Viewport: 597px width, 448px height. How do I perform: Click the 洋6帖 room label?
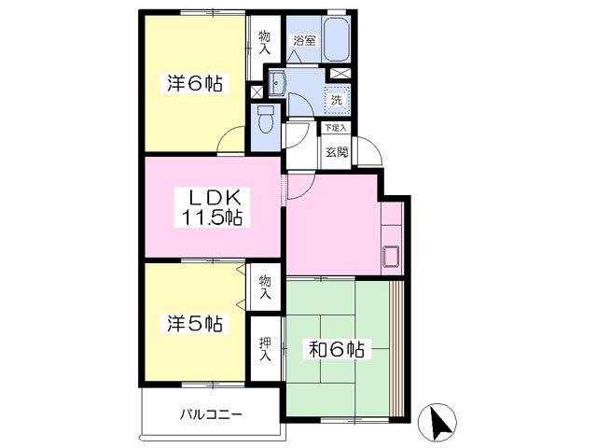(195, 83)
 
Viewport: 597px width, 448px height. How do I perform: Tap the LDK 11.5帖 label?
(212, 207)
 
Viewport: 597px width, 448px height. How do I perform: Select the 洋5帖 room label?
(195, 324)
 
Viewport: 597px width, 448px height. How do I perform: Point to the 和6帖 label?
(337, 349)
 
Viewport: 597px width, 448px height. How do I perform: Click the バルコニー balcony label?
(211, 413)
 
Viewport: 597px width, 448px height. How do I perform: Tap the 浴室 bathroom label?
(304, 40)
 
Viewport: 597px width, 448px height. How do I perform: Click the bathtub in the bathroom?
(336, 39)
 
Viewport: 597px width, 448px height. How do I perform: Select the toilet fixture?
(265, 119)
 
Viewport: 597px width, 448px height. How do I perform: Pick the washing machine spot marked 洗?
(337, 100)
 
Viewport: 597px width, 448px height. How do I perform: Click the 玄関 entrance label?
(336, 152)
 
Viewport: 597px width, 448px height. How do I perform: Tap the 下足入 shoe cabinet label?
(336, 128)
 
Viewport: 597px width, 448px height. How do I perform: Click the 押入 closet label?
(265, 348)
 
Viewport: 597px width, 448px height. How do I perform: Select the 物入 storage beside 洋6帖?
(264, 42)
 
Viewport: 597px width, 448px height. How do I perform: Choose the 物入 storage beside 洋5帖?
(265, 287)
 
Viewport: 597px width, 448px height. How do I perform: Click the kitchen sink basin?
(391, 257)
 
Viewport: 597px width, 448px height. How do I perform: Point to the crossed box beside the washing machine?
(338, 74)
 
